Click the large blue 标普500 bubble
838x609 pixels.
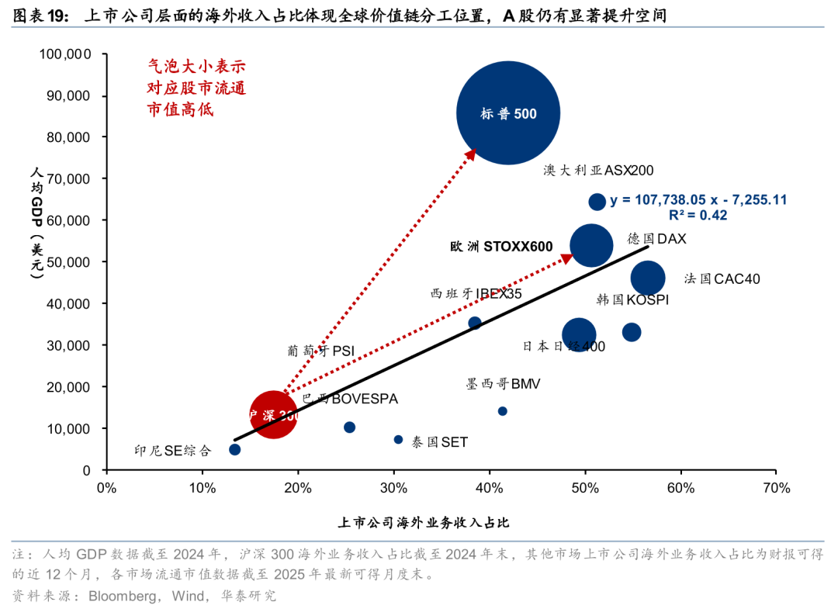point(508,112)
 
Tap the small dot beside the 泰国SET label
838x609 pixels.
point(398,439)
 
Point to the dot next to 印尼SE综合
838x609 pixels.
point(235,449)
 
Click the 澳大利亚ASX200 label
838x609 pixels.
point(598,170)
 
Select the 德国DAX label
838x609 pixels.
point(656,239)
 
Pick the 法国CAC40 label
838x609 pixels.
point(722,279)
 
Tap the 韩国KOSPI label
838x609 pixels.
point(632,299)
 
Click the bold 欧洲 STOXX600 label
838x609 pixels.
point(501,247)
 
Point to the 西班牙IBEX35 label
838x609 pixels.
point(476,294)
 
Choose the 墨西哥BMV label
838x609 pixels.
point(503,383)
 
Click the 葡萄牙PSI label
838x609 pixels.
point(320,351)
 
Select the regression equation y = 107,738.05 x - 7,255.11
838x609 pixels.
point(698,200)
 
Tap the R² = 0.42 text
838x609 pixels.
point(698,216)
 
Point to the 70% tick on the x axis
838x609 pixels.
point(776,488)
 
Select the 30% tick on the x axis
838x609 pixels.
point(393,488)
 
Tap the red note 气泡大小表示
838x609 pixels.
point(196,67)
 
